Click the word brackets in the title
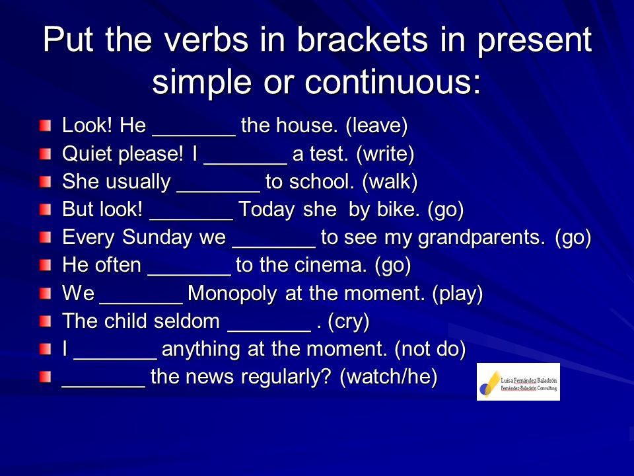pyautogui.click(x=363, y=40)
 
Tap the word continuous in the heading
pyautogui.click(x=392, y=81)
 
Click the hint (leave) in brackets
pyautogui.click(x=376, y=126)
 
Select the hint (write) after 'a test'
pyautogui.click(x=385, y=154)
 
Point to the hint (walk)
pyautogui.click(x=390, y=182)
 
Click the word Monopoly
pyautogui.click(x=232, y=294)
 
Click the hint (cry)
pyautogui.click(x=349, y=321)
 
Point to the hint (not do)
pyautogui.click(x=430, y=349)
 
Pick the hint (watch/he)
pyautogui.click(x=388, y=377)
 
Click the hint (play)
pyautogui.click(x=457, y=294)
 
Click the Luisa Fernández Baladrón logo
pyautogui.click(x=518, y=381)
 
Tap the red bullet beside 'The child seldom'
pyautogui.click(x=46, y=322)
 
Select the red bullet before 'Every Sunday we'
pyautogui.click(x=46, y=237)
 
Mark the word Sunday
pyautogui.click(x=157, y=237)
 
